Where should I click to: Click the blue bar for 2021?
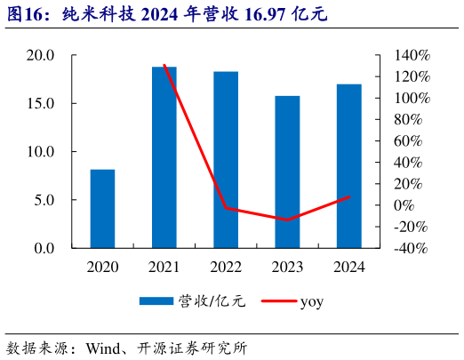click(164, 157)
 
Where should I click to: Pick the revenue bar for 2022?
click(226, 159)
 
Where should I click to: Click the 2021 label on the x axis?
click(164, 266)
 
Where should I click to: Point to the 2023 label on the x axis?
click(287, 266)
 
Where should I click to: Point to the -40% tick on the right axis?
click(411, 248)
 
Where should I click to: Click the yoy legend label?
click(311, 302)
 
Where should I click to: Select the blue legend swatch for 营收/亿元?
click(157, 302)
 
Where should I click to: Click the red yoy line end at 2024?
click(348, 196)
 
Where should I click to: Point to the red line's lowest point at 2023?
click(287, 220)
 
